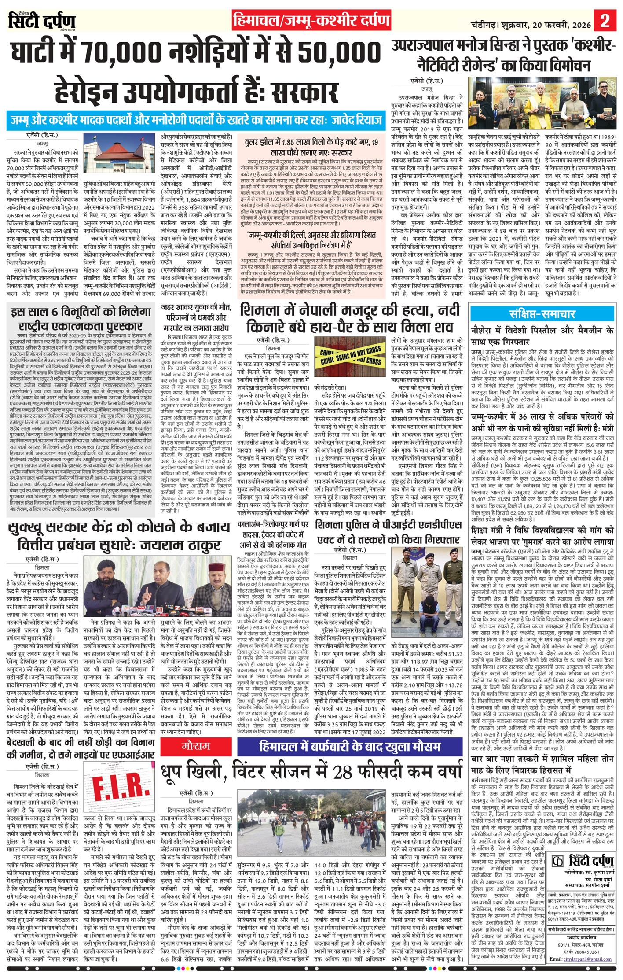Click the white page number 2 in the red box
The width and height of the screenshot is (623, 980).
[x=605, y=20]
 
